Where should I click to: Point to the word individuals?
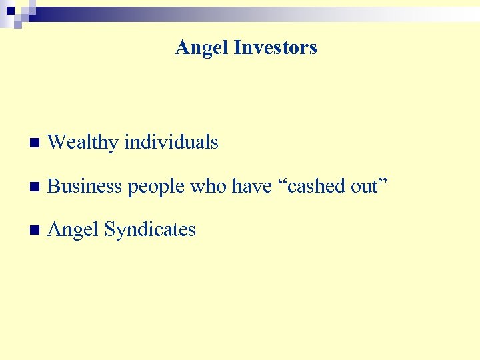(x=171, y=142)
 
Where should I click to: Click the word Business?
(x=85, y=186)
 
